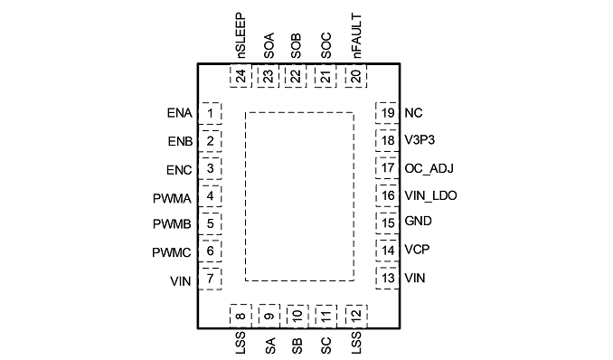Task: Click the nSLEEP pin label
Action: pyautogui.click(x=241, y=35)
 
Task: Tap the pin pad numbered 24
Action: pyautogui.click(x=240, y=76)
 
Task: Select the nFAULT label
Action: pyautogui.click(x=356, y=35)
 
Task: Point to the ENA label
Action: pyautogui.click(x=179, y=113)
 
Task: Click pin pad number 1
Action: pyautogui.click(x=211, y=113)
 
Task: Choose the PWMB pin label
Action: pyautogui.click(x=172, y=224)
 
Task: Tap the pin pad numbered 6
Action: pyautogui.click(x=211, y=251)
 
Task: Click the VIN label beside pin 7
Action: pyautogui.click(x=181, y=281)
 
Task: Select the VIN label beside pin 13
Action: pyautogui.click(x=415, y=279)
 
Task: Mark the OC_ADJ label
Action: pyautogui.click(x=429, y=168)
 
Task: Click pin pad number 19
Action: pyautogui.click(x=387, y=113)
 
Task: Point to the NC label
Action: pyautogui.click(x=413, y=113)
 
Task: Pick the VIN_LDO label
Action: pyautogui.click(x=430, y=195)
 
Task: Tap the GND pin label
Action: pyautogui.click(x=418, y=221)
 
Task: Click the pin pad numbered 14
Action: pyautogui.click(x=387, y=251)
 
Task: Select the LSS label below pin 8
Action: pyautogui.click(x=240, y=343)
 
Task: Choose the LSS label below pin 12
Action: pyautogui.click(x=356, y=343)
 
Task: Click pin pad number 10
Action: pyautogui.click(x=297, y=316)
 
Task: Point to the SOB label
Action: pyautogui.click(x=297, y=46)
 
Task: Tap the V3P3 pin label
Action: pyautogui.click(x=420, y=140)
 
